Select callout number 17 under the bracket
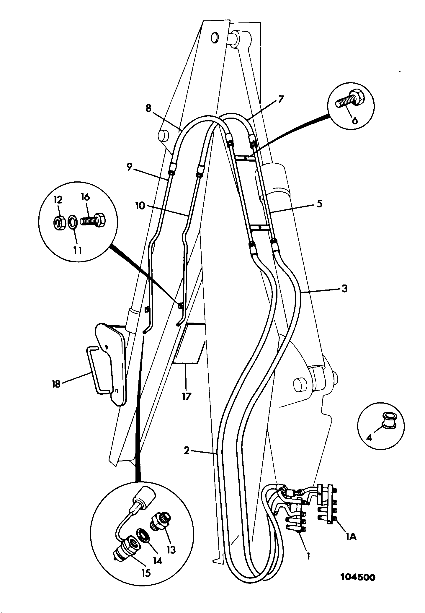click(186, 396)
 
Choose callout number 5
click(319, 204)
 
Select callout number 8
click(148, 108)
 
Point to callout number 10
click(140, 205)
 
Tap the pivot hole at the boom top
click(215, 38)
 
